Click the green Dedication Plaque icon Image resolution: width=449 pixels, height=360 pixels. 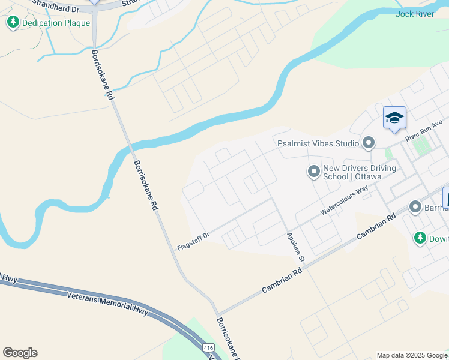13,23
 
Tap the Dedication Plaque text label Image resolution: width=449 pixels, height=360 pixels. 56,23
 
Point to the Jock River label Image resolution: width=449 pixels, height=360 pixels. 415,14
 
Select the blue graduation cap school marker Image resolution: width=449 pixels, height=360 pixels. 394,118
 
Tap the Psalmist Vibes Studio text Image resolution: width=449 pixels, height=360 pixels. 318,143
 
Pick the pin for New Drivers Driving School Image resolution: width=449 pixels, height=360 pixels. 313,172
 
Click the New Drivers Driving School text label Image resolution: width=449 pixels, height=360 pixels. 359,173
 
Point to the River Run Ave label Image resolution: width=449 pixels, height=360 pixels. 423,130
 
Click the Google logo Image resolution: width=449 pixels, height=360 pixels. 20,352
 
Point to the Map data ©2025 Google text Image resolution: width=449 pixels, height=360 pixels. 412,355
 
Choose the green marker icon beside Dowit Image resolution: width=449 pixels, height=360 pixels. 420,238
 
